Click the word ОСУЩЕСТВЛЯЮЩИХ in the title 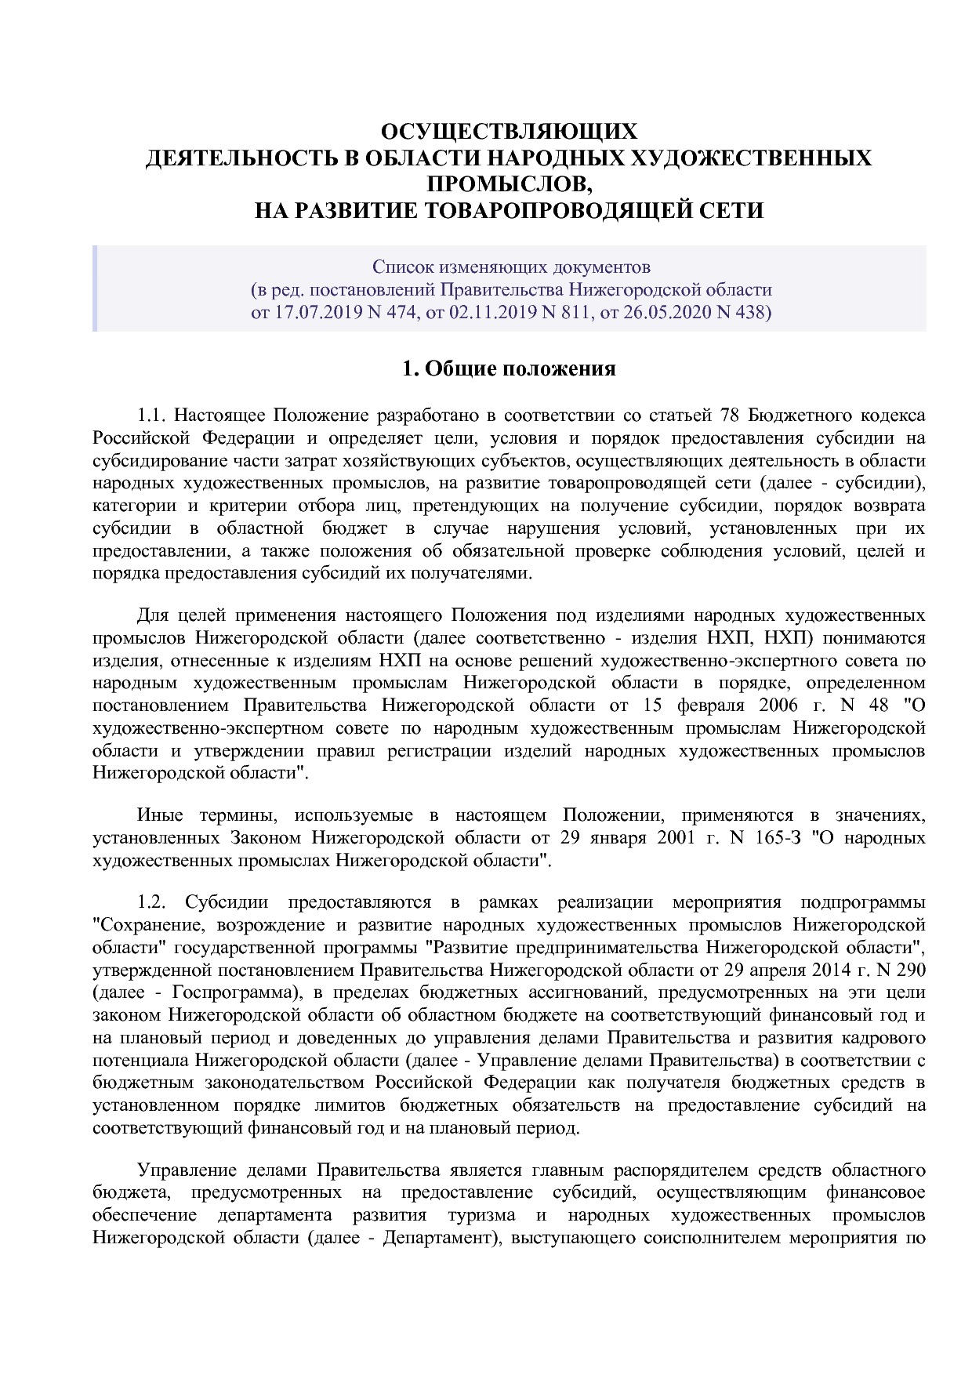pyautogui.click(x=509, y=130)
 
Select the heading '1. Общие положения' pyautogui.click(x=509, y=368)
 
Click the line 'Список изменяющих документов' pyautogui.click(x=510, y=267)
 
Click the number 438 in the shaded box pyautogui.click(x=750, y=312)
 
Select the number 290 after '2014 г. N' pyautogui.click(x=909, y=970)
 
